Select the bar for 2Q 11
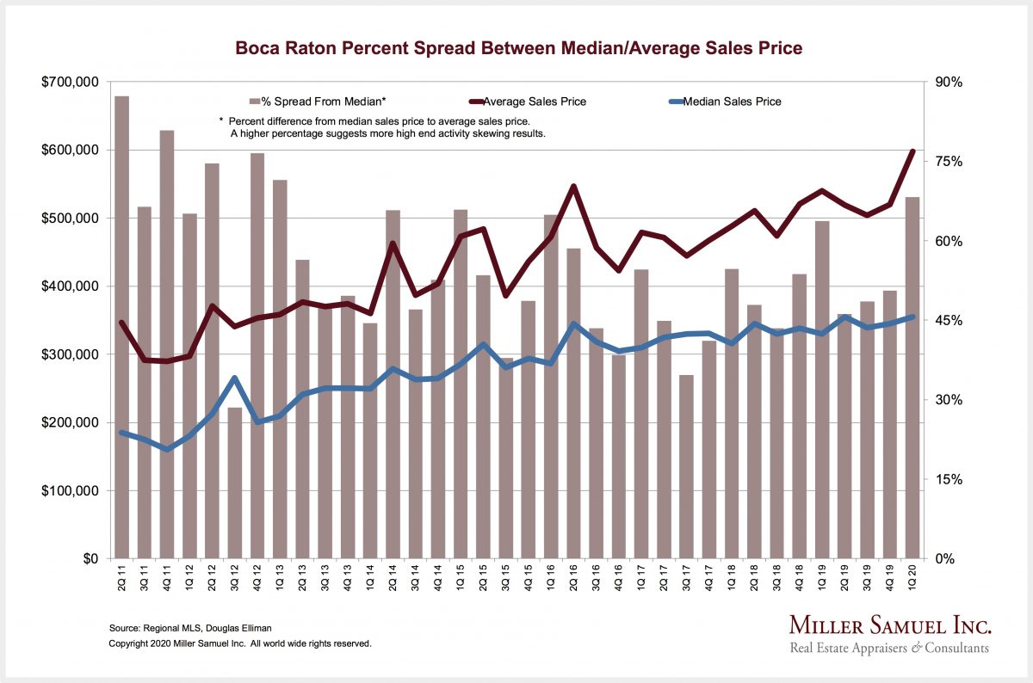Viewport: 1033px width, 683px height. click(x=122, y=327)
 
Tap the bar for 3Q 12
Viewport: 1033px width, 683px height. click(x=234, y=482)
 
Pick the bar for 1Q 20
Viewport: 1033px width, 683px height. click(x=912, y=378)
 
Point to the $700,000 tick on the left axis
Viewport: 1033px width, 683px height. click(x=70, y=83)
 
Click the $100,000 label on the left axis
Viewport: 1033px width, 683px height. click(x=70, y=491)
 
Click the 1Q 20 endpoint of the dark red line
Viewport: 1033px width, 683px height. click(x=912, y=151)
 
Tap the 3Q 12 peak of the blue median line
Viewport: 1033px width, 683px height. click(x=234, y=378)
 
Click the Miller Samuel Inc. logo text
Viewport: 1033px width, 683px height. click(x=890, y=625)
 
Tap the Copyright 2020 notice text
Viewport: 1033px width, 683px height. click(x=240, y=643)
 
